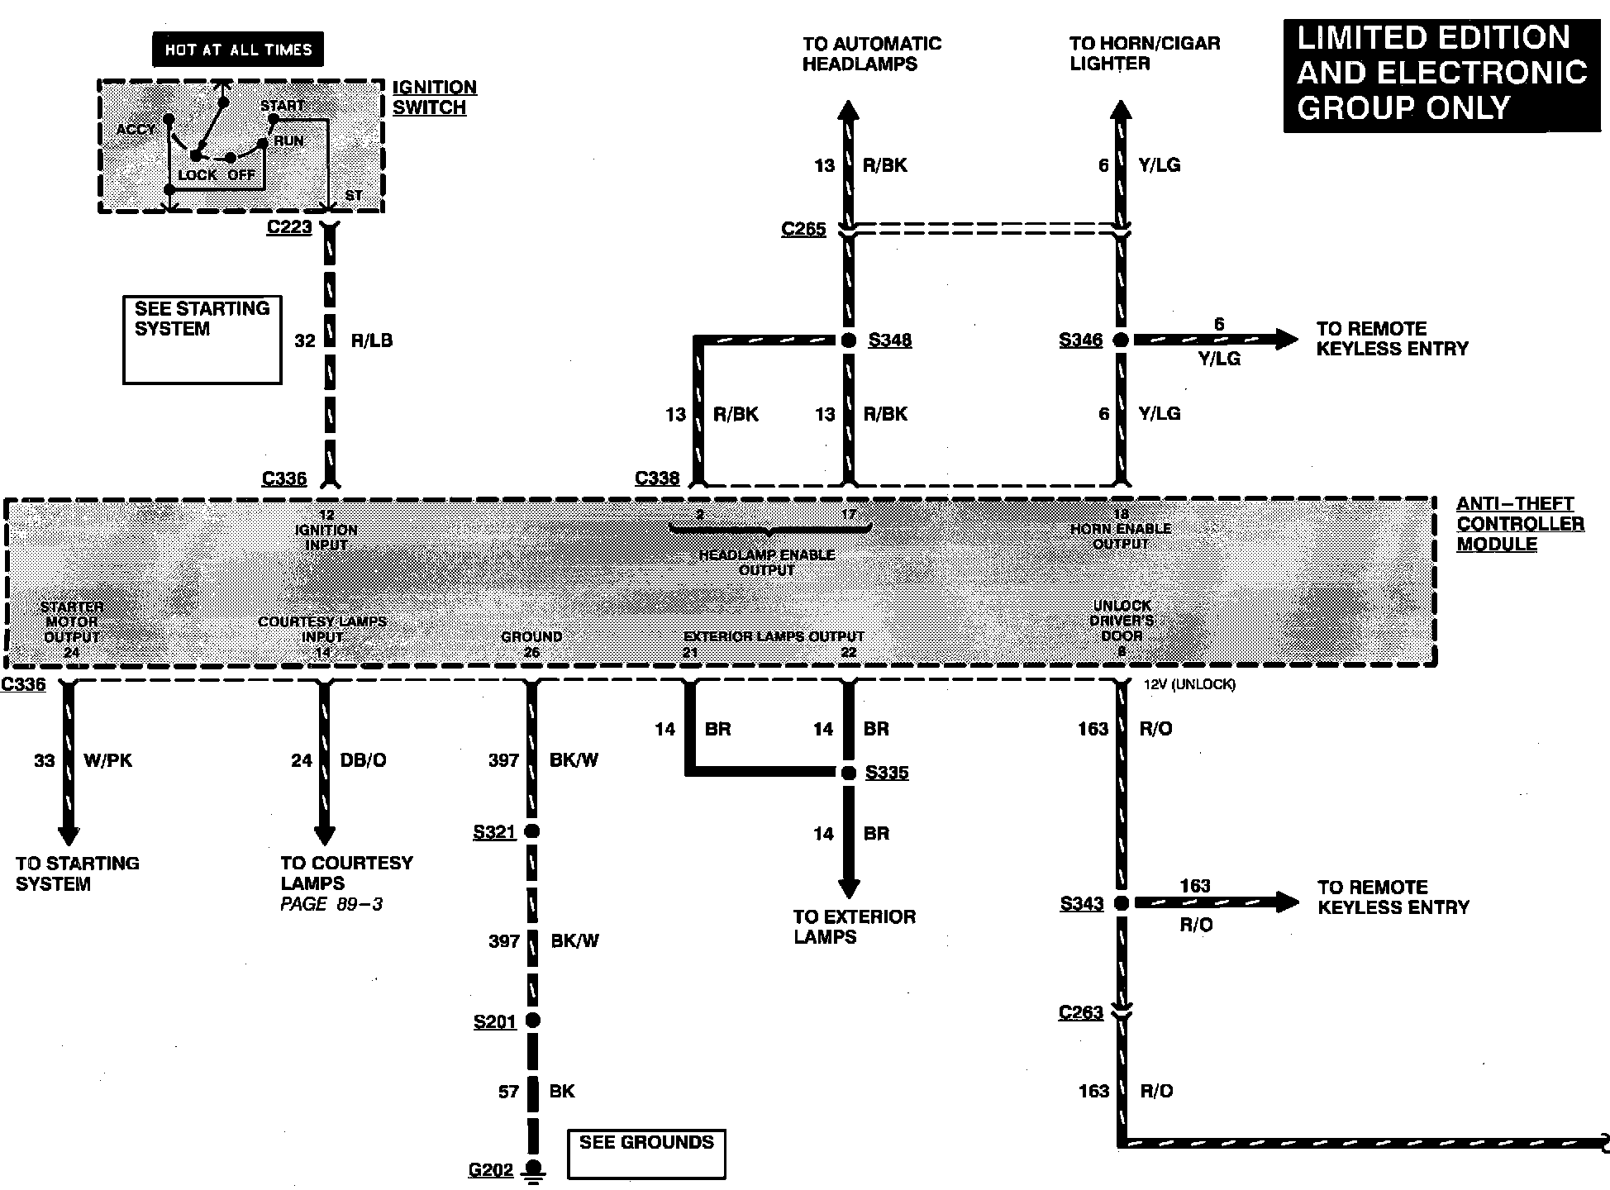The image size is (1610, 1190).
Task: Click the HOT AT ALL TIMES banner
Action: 238,50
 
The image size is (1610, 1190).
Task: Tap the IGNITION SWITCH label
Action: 433,98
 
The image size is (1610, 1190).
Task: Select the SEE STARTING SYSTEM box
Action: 202,340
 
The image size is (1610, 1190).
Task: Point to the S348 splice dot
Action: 849,340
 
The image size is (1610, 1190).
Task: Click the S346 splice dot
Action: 1121,340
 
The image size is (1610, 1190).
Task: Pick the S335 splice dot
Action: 849,773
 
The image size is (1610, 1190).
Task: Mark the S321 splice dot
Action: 532,831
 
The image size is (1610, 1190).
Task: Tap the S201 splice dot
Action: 532,1021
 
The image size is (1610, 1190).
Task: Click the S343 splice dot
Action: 1122,903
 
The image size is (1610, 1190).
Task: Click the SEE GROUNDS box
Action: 646,1153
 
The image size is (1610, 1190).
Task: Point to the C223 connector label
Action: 289,226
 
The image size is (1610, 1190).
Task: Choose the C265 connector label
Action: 803,229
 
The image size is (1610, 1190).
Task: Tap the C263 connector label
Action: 1081,1012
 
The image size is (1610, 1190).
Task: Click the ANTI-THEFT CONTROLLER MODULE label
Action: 1519,524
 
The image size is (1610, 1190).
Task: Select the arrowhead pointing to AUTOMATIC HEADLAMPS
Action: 849,110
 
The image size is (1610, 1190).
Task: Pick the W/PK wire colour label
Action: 107,760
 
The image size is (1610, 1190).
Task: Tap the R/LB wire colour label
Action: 371,340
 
